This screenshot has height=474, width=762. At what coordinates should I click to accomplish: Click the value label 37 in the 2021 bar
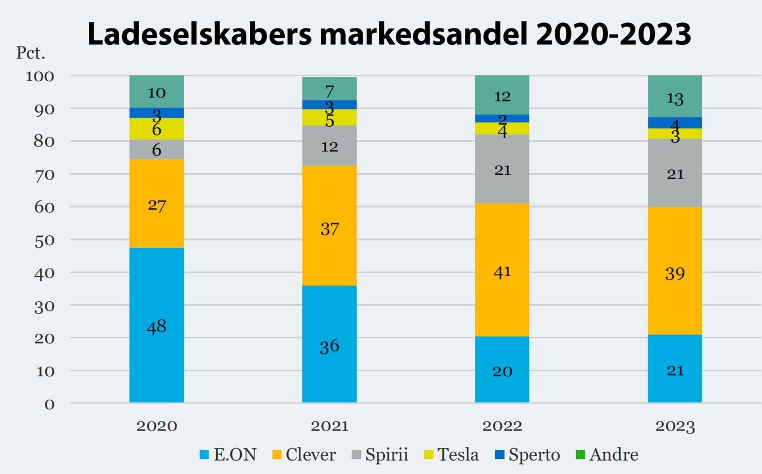pos(330,229)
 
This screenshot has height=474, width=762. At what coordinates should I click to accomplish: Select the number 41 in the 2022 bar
pos(502,272)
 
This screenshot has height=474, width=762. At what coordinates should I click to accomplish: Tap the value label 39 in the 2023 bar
pos(675,274)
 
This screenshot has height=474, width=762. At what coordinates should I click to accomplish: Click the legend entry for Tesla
pos(458,454)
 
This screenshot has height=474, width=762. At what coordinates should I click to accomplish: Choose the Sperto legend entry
pos(534,454)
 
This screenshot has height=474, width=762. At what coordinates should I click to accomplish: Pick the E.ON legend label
pos(235,454)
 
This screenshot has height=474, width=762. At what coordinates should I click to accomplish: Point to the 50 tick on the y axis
pos(44,241)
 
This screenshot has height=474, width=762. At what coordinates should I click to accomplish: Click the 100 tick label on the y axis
pos(40,76)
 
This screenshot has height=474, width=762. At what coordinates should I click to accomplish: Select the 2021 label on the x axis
pos(330,426)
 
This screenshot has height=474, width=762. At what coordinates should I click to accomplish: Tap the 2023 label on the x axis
pos(675,426)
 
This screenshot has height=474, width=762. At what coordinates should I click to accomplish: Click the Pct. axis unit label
pos(31,53)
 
